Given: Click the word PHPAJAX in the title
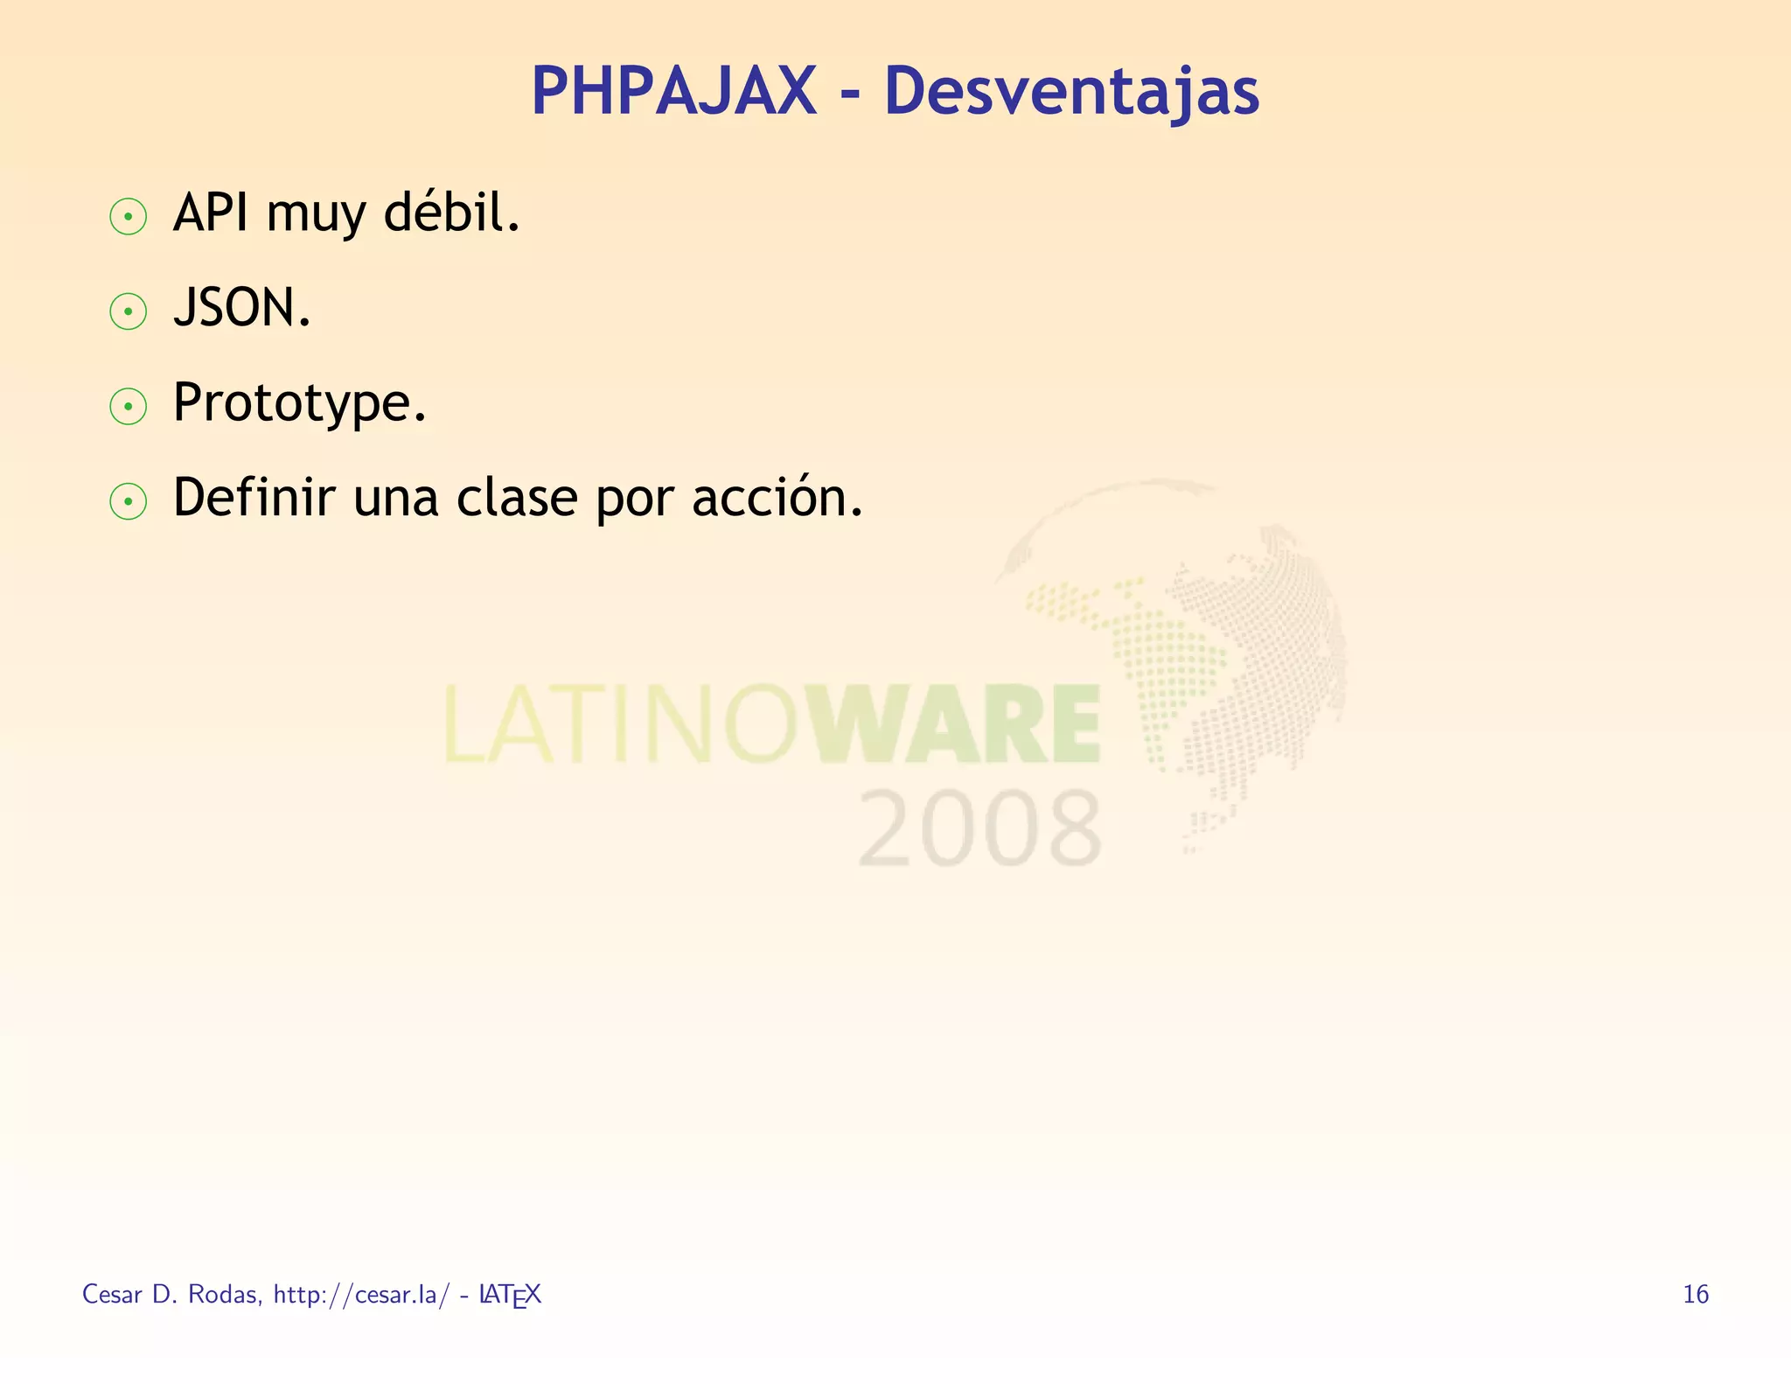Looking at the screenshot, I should coord(673,91).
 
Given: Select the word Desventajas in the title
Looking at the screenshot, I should coord(1071,93).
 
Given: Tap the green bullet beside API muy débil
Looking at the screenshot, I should coord(129,217).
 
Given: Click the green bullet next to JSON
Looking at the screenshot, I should coord(129,311).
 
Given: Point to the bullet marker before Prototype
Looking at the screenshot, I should coord(129,407).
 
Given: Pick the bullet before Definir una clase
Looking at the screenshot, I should coord(129,501).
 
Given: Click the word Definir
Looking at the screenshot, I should coord(254,498).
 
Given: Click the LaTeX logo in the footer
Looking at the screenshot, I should coord(511,1295).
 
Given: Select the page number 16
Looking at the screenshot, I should coord(1695,1294).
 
